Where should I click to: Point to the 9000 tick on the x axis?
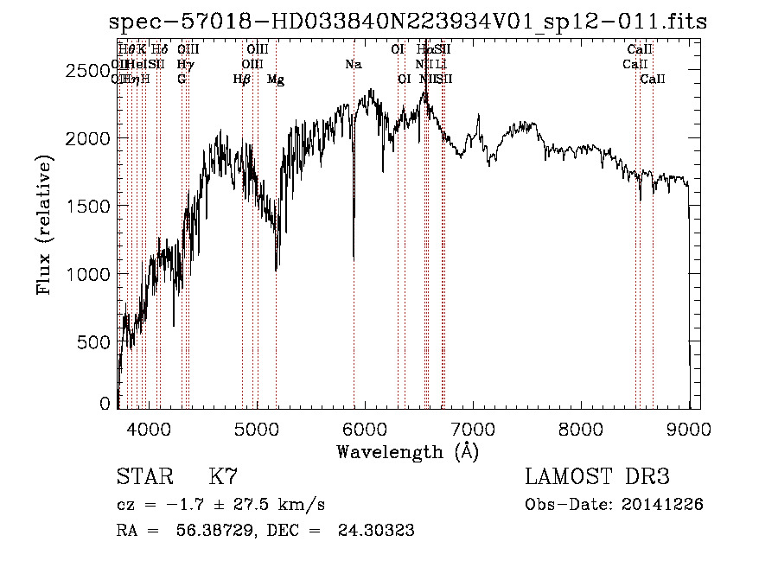[689, 430]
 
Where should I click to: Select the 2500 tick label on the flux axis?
[87, 71]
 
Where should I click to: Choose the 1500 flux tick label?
[87, 207]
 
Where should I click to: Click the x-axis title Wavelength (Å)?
[407, 451]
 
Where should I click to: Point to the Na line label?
[353, 65]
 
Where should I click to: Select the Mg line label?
[276, 80]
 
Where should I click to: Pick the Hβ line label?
[242, 80]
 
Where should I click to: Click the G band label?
[182, 80]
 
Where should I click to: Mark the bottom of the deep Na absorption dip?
[354, 258]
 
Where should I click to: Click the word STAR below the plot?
[142, 476]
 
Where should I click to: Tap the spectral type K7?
[223, 476]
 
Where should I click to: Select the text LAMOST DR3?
[597, 476]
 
